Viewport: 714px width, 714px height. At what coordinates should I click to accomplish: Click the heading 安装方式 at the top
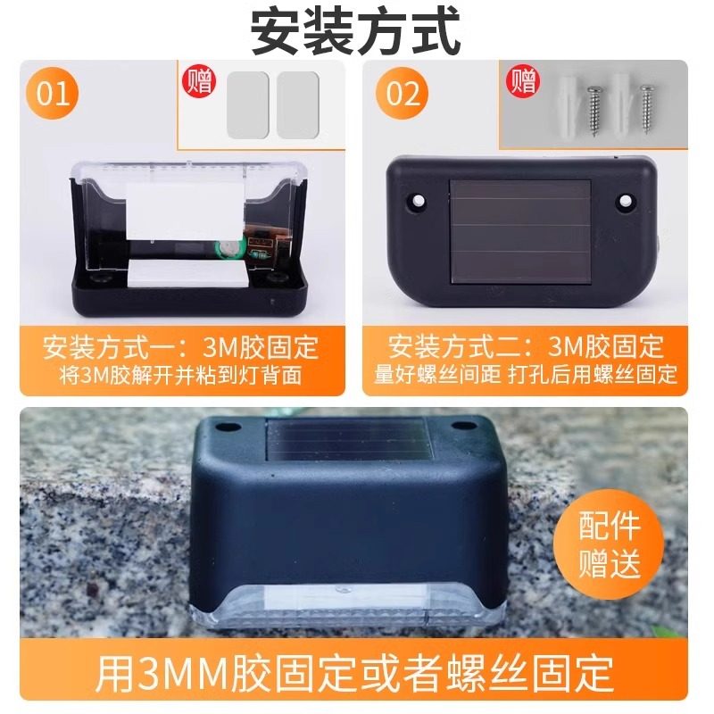pyautogui.click(x=356, y=31)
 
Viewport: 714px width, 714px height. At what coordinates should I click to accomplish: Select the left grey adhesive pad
pyautogui.click(x=247, y=104)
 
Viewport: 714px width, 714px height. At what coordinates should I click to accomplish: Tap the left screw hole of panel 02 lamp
pyautogui.click(x=416, y=203)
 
